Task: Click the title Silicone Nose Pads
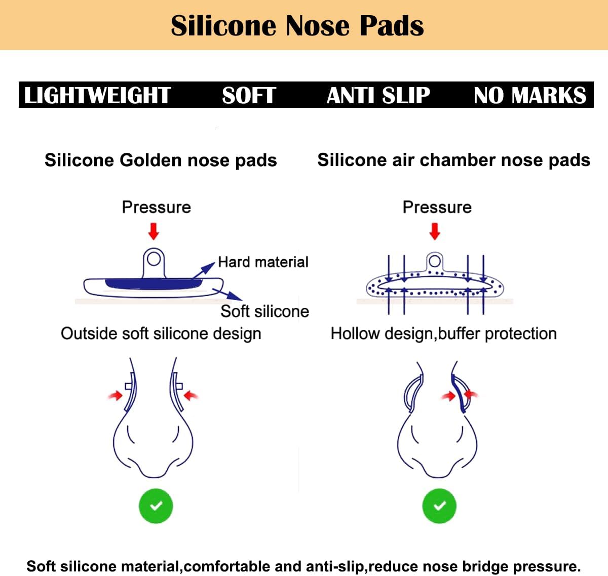coord(297,25)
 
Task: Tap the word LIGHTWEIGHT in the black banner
coord(97,95)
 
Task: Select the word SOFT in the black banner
coord(248,95)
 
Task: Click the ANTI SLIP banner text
coord(378,95)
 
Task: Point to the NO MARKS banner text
coord(529,95)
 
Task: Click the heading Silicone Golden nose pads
coord(161,160)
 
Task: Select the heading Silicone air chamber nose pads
coord(453,160)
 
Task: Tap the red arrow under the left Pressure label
coord(154,231)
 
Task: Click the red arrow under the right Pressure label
coord(435,231)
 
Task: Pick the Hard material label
coord(263,262)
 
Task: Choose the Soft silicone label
coord(264,311)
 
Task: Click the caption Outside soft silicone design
coord(161,334)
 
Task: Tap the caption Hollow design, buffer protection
coord(443,334)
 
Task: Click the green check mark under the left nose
coord(156,506)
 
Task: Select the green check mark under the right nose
coord(439,506)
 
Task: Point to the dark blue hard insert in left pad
coord(152,283)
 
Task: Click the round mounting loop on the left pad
coord(154,260)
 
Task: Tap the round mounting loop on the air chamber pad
coord(434,261)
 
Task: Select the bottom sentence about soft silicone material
coord(303,566)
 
